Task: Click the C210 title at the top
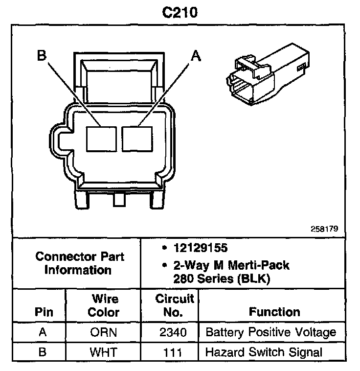pos(180,12)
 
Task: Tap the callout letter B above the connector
pos(42,56)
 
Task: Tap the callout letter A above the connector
pos(195,56)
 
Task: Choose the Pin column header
pos(43,312)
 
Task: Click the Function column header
pos(274,312)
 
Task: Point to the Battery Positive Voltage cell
pos(270,333)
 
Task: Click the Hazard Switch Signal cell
pos(264,352)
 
